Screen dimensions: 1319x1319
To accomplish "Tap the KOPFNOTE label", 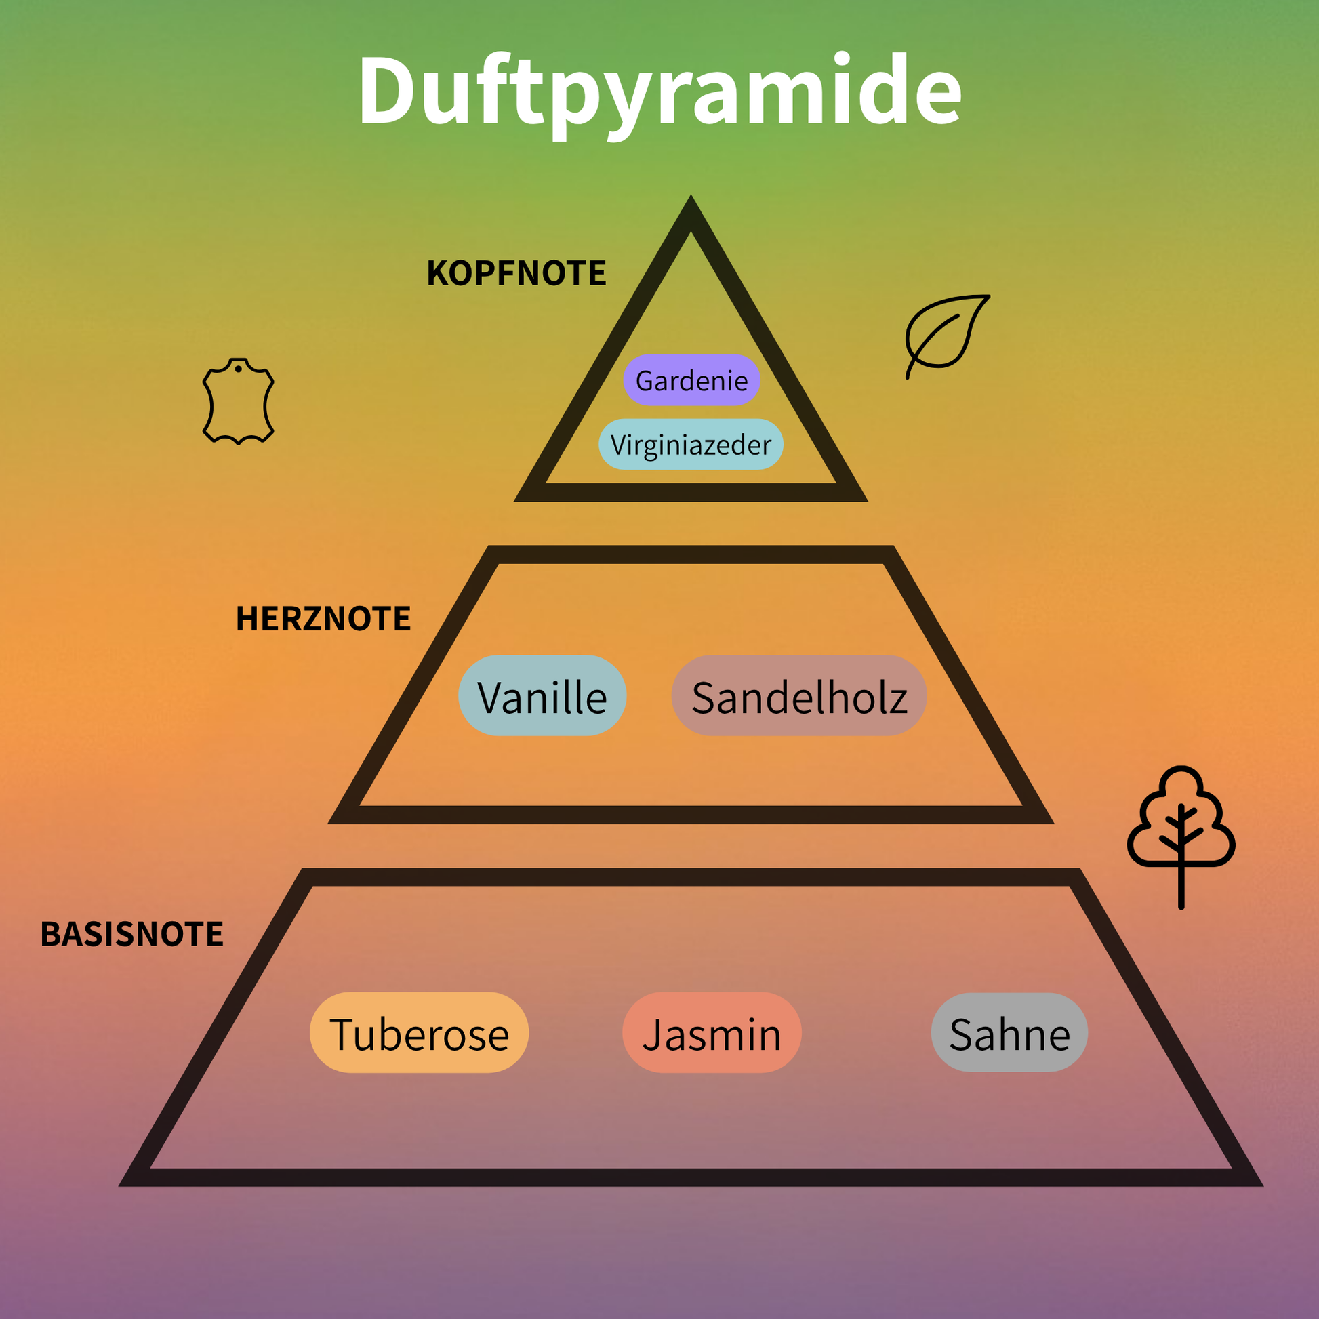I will [516, 274].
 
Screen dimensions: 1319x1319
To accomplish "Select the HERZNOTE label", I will [323, 620].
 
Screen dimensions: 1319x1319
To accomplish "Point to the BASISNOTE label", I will [131, 935].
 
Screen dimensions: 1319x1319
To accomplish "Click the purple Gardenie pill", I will [691, 380].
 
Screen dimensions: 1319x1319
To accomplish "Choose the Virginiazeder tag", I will [690, 445].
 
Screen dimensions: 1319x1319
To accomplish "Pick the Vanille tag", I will [542, 695].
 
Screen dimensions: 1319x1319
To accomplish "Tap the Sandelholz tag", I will [798, 695].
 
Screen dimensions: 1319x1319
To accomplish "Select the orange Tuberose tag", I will [419, 1033].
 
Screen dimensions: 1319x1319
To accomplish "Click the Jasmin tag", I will [712, 1033].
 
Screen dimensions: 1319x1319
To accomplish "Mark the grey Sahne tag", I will [1009, 1033].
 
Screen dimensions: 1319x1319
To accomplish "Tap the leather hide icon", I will [239, 401].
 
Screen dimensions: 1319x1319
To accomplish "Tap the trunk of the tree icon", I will [1181, 887].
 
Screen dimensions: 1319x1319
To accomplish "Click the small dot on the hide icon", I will [239, 369].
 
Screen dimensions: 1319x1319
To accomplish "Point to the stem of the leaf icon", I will [910, 369].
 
